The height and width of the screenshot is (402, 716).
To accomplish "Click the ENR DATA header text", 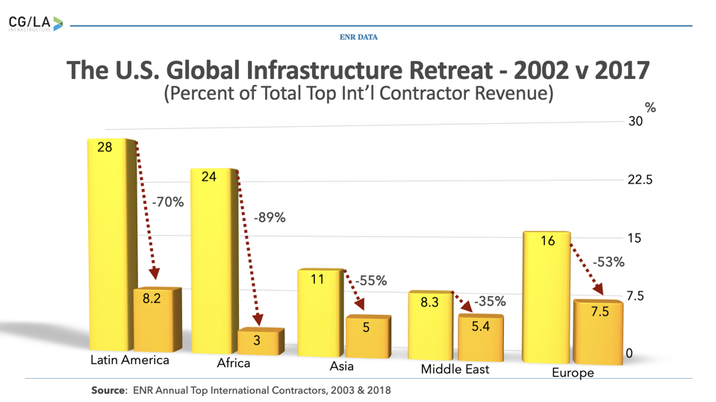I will [x=358, y=37].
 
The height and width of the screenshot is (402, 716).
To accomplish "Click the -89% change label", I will [x=270, y=218].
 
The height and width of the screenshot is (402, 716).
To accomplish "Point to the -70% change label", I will [x=167, y=202].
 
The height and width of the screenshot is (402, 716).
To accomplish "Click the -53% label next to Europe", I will [x=608, y=263].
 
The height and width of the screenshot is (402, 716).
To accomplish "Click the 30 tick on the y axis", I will [x=635, y=122].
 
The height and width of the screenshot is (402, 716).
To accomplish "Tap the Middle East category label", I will [x=455, y=369].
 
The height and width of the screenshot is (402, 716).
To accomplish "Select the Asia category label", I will [x=341, y=366].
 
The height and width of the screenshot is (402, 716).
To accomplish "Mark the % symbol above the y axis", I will [x=650, y=108].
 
